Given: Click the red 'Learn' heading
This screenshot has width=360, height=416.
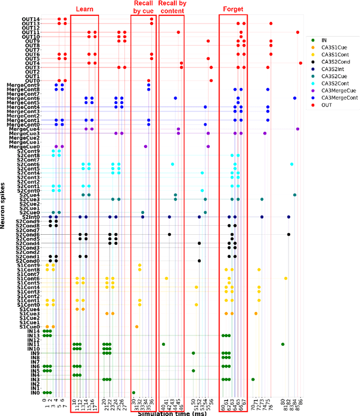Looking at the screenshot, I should pos(85,10).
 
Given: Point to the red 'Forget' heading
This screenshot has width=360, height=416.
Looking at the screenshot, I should pos(233,10).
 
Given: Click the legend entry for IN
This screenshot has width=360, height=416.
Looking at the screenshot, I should pos(324,40).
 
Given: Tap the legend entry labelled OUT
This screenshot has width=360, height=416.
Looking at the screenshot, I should pos(327,105).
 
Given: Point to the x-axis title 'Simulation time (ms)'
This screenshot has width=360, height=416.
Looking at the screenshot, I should pos(173,412).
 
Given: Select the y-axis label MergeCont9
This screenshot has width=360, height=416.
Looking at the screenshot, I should pos(24,85).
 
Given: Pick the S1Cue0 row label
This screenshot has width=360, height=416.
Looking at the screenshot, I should pos(29,326).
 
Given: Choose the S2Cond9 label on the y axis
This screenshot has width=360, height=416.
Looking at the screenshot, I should pos(28,221).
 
